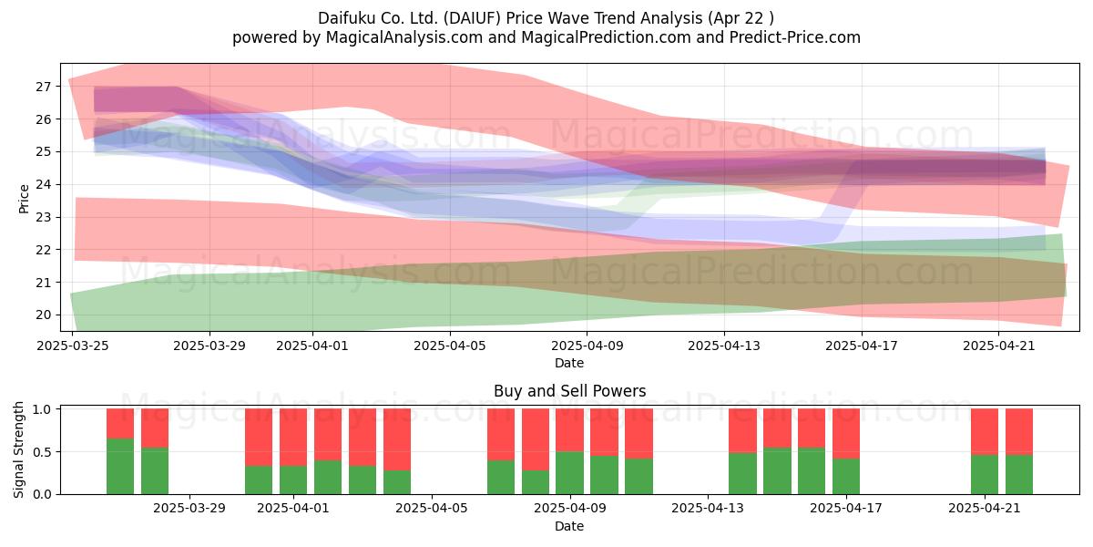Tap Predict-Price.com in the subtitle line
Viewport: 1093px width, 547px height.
tap(795, 37)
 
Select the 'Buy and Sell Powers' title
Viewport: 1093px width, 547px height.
tap(569, 391)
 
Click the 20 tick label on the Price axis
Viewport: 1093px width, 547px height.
tap(43, 315)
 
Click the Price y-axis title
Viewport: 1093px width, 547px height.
tap(24, 199)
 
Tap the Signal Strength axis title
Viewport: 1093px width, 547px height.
tap(18, 449)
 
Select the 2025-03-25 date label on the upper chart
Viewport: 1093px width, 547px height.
tap(73, 346)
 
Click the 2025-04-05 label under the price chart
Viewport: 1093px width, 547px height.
tap(450, 346)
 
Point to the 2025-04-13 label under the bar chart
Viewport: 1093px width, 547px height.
tap(708, 509)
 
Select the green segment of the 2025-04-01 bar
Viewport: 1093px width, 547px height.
tap(293, 480)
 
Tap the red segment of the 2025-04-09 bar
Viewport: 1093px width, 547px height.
tap(569, 429)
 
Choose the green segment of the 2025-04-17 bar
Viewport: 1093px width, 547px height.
tap(846, 476)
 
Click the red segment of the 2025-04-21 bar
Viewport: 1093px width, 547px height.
tap(985, 432)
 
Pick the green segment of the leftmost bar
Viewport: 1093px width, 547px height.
tap(120, 467)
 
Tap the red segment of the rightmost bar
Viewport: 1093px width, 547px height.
tap(1019, 432)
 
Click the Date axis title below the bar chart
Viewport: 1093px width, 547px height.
tap(569, 526)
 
